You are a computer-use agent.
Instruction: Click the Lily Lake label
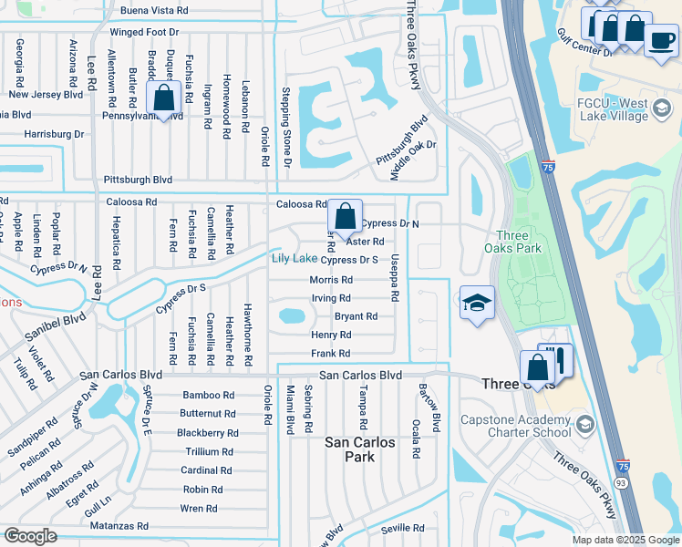coord(294,259)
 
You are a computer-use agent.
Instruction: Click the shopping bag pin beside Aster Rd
coord(345,218)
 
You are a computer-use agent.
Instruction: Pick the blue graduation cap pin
coord(476,304)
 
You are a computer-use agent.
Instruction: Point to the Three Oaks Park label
coord(518,241)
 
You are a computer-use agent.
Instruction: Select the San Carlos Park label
coord(360,449)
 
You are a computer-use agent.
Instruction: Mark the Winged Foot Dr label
coord(148,32)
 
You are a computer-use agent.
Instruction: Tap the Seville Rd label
coord(404,528)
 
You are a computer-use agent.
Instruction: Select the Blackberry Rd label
coord(207,433)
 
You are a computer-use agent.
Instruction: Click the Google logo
coord(30,536)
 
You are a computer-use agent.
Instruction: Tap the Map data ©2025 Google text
coord(625,540)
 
